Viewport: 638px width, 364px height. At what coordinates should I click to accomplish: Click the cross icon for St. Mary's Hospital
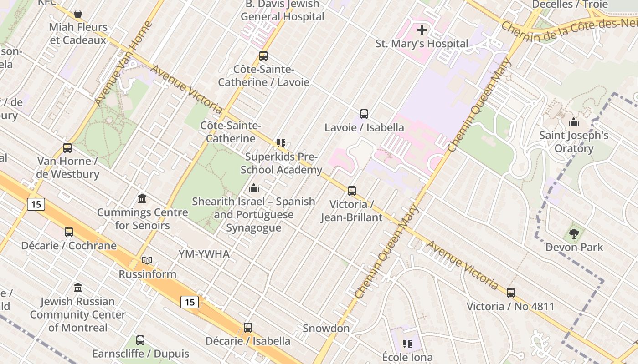(x=422, y=30)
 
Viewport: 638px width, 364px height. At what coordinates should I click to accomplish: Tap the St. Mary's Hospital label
(x=422, y=44)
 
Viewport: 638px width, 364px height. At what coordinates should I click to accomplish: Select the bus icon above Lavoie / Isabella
(x=364, y=114)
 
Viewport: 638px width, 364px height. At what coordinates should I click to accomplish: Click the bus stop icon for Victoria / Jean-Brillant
(x=352, y=191)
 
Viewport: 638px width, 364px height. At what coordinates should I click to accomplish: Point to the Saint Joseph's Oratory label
(x=574, y=142)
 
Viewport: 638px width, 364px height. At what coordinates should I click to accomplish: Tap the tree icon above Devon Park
(x=574, y=234)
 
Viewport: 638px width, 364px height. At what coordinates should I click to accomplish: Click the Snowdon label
(x=326, y=328)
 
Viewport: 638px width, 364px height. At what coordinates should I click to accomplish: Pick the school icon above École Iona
(x=407, y=344)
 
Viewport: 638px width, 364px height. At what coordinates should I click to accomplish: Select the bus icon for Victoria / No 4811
(x=511, y=293)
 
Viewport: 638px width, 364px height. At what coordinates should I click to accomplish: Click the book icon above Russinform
(x=147, y=261)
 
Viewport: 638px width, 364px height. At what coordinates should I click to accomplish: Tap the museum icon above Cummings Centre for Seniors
(x=142, y=199)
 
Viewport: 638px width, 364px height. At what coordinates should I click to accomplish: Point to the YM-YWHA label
(x=204, y=254)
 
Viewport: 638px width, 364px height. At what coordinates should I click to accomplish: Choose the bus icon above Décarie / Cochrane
(x=69, y=232)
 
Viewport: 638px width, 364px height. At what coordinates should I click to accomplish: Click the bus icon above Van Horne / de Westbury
(x=67, y=148)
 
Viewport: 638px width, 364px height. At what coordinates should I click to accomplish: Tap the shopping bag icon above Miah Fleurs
(x=78, y=14)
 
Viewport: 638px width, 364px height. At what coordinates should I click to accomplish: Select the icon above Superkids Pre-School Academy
(x=281, y=144)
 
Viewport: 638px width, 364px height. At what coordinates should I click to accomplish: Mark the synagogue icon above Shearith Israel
(x=254, y=187)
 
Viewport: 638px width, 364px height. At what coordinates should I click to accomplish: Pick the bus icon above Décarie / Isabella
(x=248, y=328)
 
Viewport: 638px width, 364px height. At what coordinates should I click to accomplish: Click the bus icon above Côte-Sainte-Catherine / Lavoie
(x=263, y=56)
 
